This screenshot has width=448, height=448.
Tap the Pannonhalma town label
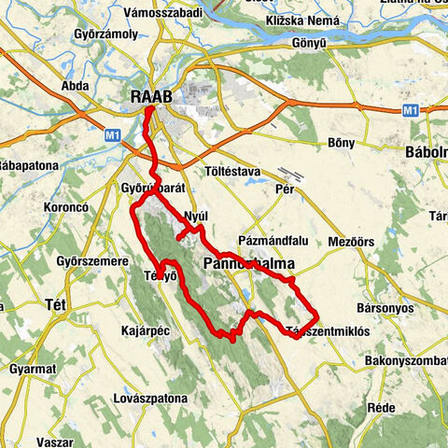click(247, 265)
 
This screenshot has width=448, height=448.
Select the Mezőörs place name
click(353, 242)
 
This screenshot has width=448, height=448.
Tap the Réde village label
click(381, 408)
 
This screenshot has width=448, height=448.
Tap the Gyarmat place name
click(32, 369)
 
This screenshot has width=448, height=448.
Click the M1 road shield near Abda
click(113, 135)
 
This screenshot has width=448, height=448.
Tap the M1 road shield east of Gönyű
click(410, 109)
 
